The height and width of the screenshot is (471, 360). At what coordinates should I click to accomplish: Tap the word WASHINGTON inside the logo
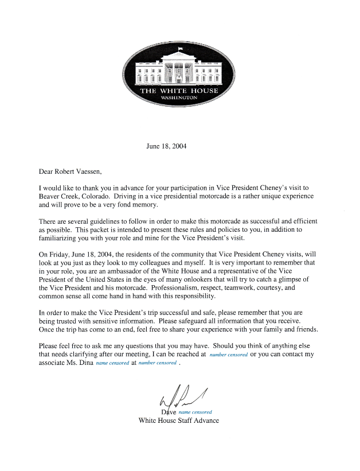pyautogui.click(x=179, y=98)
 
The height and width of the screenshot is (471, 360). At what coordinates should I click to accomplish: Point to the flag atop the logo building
pyautogui.click(x=180, y=48)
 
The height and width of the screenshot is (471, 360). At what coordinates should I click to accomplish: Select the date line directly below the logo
pyautogui.click(x=166, y=146)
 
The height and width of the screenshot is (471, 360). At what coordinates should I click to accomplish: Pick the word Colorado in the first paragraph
pyautogui.click(x=90, y=196)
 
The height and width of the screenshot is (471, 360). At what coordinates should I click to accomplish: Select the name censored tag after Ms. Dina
pyautogui.click(x=112, y=364)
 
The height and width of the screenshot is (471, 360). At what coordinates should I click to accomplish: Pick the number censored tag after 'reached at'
pyautogui.click(x=229, y=355)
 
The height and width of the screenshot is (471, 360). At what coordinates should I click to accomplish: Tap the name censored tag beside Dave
pyautogui.click(x=195, y=412)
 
